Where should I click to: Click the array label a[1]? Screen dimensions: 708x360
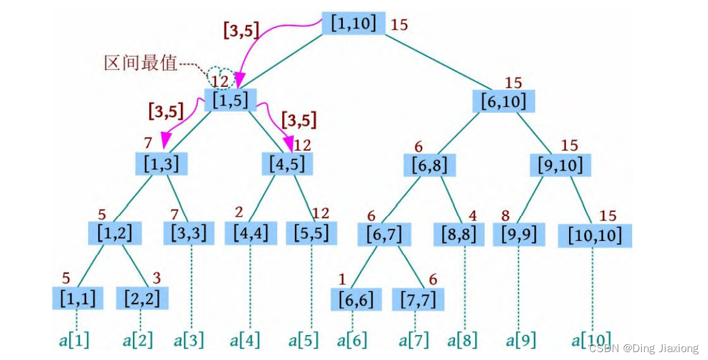tap(74, 340)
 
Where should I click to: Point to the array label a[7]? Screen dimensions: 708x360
tap(414, 340)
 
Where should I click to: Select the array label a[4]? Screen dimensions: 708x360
tap(244, 340)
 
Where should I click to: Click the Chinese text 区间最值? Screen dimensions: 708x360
tap(140, 63)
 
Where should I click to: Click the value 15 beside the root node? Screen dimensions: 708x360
tap(399, 24)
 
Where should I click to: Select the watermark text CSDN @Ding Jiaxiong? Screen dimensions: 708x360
tap(644, 348)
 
